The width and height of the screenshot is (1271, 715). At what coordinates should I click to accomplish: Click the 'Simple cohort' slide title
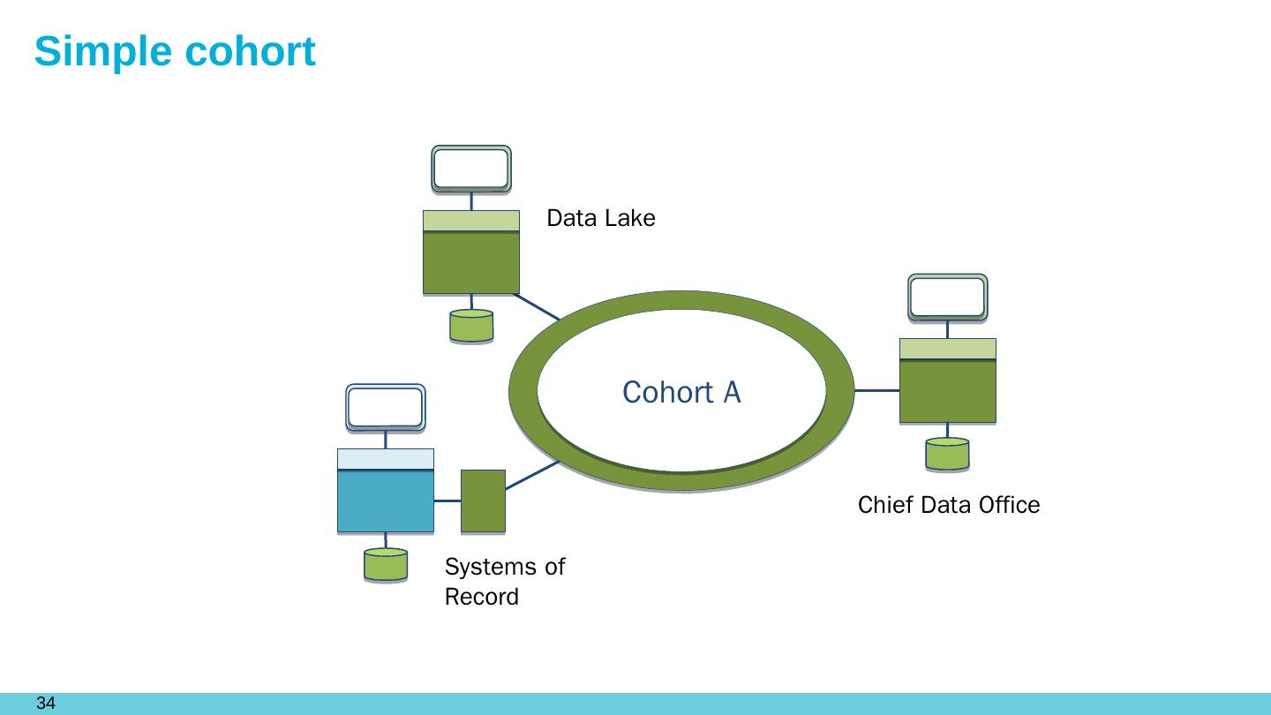tap(175, 52)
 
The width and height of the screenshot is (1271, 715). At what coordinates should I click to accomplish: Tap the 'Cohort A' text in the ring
tap(681, 392)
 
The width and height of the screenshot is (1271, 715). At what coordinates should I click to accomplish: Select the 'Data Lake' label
tap(601, 218)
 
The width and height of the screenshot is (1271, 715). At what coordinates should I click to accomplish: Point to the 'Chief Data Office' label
tap(949, 505)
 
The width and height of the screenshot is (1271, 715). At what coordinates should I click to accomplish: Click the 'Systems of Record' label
tap(505, 582)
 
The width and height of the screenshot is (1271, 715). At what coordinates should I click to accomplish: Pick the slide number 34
tap(46, 703)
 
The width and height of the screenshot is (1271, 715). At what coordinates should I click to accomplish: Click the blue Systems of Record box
tap(386, 490)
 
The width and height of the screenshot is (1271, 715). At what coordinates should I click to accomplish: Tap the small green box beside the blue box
tap(483, 501)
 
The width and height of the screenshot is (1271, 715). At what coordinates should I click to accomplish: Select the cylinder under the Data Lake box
tap(471, 326)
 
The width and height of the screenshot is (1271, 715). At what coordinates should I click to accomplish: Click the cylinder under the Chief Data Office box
tap(948, 454)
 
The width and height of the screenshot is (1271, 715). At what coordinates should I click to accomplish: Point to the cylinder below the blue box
tap(386, 565)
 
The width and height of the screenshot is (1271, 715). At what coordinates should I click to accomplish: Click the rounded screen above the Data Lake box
tap(471, 169)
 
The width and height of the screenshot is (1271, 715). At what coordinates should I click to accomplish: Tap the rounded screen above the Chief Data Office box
tap(948, 298)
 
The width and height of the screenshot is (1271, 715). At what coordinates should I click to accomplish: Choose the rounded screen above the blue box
tap(386, 408)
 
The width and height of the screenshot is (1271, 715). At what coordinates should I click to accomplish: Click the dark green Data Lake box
tap(471, 252)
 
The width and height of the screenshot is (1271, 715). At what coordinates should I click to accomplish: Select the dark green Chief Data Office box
tap(948, 380)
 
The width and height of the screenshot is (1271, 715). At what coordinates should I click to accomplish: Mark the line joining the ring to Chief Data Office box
tap(877, 390)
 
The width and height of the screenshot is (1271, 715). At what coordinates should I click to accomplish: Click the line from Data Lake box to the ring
tap(537, 307)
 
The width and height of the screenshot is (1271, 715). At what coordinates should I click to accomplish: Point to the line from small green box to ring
tap(532, 475)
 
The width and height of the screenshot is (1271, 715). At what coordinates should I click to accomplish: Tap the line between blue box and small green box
tap(447, 501)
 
